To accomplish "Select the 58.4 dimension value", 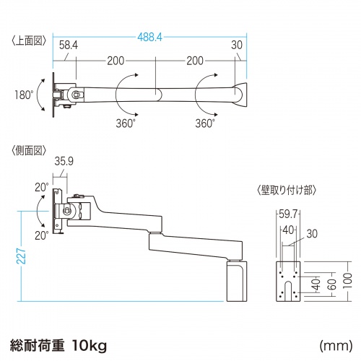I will [69, 45].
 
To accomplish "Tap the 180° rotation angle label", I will [22, 95].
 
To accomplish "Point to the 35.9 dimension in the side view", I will [65, 163].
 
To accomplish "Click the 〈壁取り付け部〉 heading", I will [284, 191].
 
